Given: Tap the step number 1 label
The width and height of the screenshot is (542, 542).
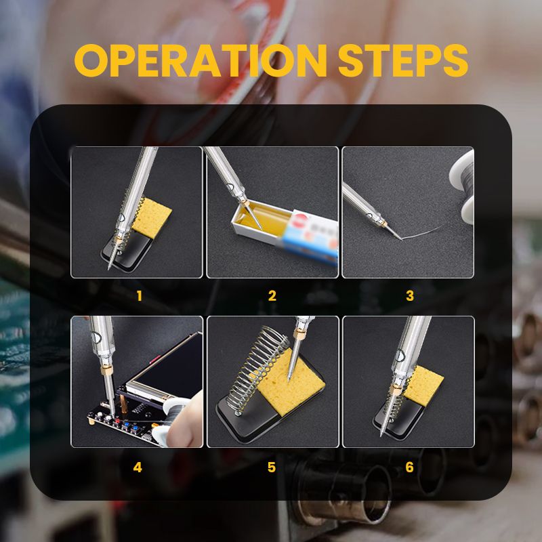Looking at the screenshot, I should click(140, 296).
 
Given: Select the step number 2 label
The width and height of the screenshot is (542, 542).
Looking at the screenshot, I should click(272, 296).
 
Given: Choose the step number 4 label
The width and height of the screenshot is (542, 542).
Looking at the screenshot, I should click(138, 467).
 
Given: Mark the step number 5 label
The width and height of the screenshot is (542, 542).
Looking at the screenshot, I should click(272, 467).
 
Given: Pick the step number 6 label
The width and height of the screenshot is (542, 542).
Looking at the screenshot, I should click(409, 467).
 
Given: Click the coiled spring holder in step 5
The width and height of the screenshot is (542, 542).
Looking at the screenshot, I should click(254, 369).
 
